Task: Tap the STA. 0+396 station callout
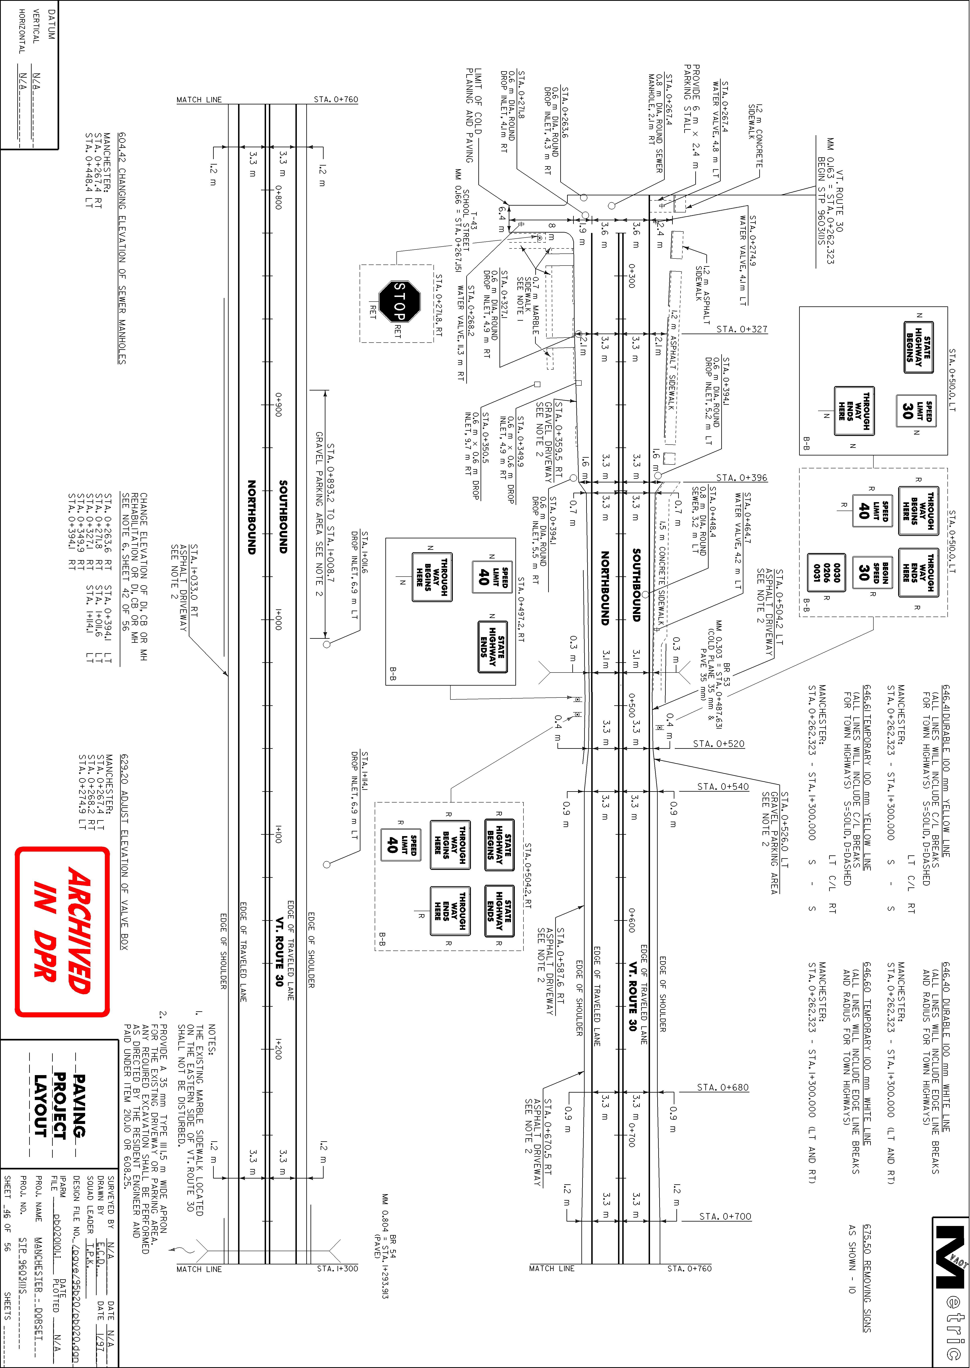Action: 742,478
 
